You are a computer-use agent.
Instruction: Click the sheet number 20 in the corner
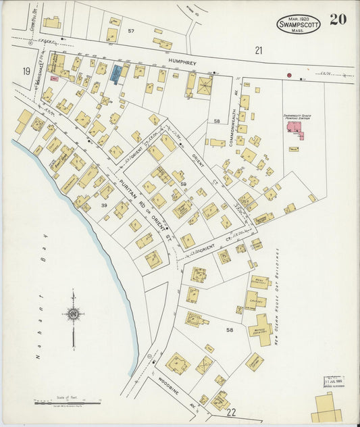[x=338, y=19]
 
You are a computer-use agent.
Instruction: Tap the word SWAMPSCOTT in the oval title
[x=298, y=24]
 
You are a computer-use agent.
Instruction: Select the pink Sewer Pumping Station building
[x=294, y=128]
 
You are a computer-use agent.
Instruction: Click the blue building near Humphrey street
[x=115, y=74]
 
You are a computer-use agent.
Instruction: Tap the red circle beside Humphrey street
[x=289, y=75]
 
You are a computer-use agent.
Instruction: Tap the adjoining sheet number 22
[x=232, y=412]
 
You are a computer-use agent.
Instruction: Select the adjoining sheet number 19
[x=26, y=71]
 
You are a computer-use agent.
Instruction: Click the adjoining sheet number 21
[x=258, y=50]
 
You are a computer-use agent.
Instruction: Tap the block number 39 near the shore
[x=105, y=205]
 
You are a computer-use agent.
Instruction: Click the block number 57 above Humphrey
[x=131, y=32]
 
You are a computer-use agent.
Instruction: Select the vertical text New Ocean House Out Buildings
[x=277, y=297]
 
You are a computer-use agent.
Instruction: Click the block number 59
[x=182, y=184]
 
